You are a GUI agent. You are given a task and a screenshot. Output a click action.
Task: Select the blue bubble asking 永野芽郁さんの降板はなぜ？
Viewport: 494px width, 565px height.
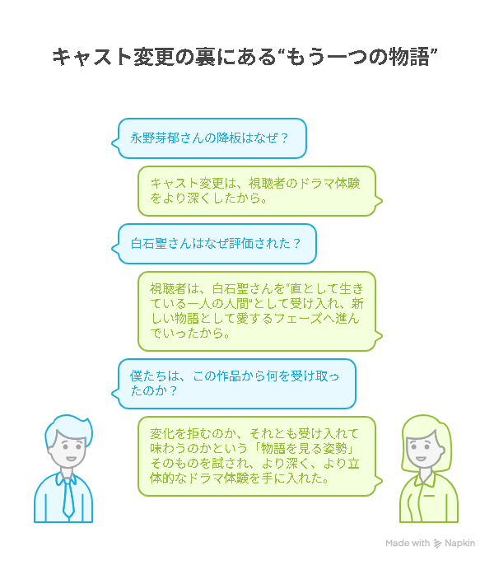tap(210, 138)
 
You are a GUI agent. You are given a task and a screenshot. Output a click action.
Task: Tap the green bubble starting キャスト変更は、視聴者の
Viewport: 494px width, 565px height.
tap(260, 191)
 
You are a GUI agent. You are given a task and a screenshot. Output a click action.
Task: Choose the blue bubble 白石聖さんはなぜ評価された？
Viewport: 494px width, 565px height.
tap(217, 244)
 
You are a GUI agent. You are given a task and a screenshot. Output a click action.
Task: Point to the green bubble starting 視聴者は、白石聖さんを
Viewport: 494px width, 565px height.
tap(260, 311)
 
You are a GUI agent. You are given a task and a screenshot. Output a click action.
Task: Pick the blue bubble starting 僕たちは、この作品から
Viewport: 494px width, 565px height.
tap(237, 384)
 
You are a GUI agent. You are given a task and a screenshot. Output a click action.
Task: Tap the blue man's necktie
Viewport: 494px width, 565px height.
tap(69, 493)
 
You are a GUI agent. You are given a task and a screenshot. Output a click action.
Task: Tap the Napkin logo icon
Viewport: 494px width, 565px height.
tap(439, 544)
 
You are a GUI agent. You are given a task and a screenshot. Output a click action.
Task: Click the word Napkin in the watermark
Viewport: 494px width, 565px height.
tap(460, 544)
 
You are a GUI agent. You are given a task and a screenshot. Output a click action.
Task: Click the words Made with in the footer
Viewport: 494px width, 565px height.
tap(408, 544)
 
